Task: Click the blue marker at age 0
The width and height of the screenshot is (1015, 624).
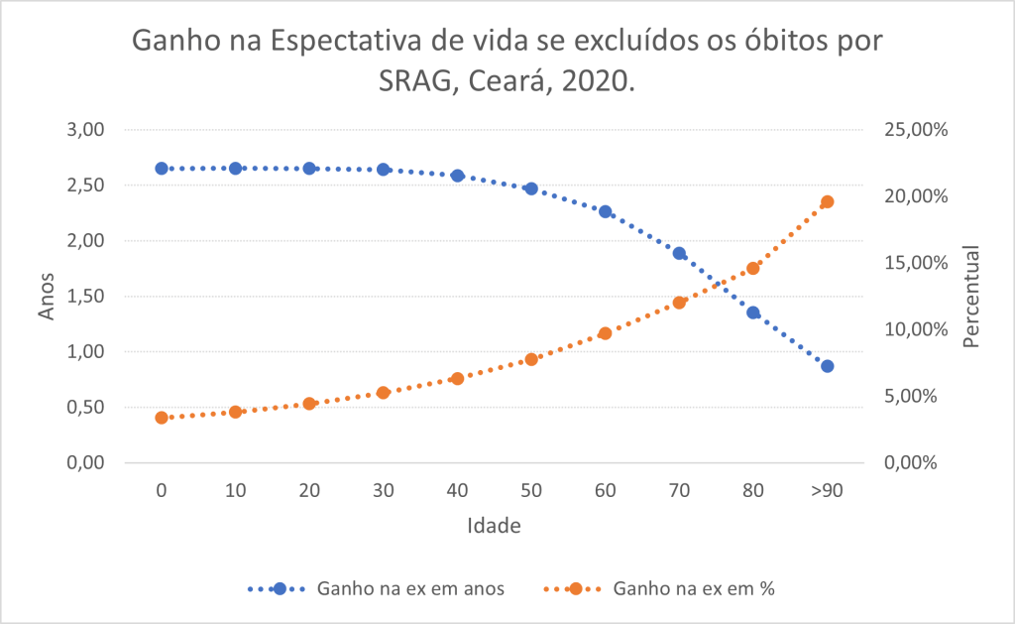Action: click(162, 169)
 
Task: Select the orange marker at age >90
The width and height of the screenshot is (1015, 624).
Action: click(828, 202)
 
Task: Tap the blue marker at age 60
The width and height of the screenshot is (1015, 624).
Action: click(606, 212)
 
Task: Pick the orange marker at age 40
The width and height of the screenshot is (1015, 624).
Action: click(457, 379)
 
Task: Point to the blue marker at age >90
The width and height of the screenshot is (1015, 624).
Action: click(828, 366)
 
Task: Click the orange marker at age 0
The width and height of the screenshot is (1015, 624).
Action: click(162, 418)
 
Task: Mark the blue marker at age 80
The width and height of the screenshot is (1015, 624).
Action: click(753, 312)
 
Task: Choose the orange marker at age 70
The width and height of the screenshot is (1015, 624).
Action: click(679, 303)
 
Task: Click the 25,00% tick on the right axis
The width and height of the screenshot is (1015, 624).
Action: click(910, 130)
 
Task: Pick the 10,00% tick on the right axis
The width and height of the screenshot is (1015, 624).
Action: click(910, 329)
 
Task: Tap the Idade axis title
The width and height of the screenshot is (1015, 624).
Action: click(494, 525)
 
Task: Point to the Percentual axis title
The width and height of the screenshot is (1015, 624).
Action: click(971, 297)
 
